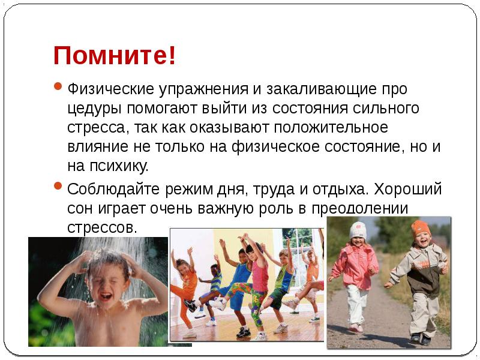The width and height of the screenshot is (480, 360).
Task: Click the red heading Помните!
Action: click(x=115, y=56)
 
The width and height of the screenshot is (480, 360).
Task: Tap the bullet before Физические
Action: click(x=58, y=88)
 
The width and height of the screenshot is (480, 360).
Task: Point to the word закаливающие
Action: click(x=316, y=90)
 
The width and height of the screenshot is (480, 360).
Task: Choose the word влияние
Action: click(x=96, y=148)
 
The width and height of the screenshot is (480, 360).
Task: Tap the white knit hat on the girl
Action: click(x=358, y=230)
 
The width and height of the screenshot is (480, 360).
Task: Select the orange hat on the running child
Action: click(x=420, y=227)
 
